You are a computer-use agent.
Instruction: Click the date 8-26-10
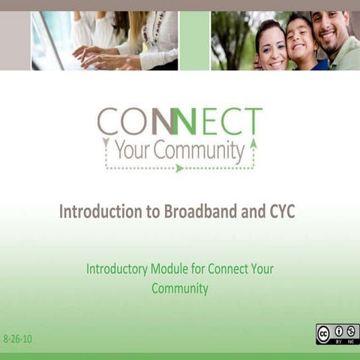coord(18,339)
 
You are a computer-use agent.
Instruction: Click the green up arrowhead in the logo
coord(253,143)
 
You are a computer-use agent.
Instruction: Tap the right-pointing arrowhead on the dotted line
coord(179,168)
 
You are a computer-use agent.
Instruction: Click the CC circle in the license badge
coord(324,334)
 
